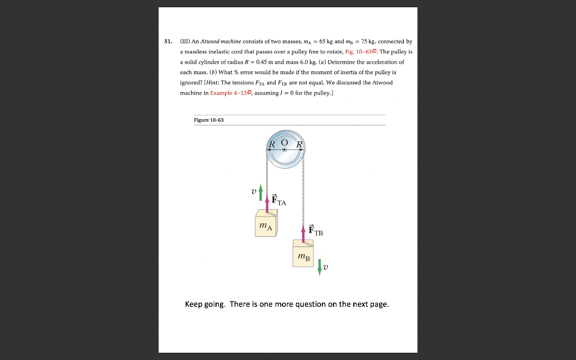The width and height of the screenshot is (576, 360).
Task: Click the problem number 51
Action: [x=168, y=41]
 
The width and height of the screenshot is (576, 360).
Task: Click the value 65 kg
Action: [x=326, y=41]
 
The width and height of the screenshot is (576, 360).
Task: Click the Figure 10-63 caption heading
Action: [x=209, y=120]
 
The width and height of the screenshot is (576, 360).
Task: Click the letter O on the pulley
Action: [x=285, y=142]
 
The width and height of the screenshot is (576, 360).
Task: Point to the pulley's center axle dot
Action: [x=285, y=150]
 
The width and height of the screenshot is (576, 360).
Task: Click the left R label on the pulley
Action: [x=272, y=144]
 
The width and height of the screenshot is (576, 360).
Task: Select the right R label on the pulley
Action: [x=299, y=144]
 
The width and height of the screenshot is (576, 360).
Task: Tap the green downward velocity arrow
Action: [x=319, y=267]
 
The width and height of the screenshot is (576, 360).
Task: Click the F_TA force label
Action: [x=278, y=200]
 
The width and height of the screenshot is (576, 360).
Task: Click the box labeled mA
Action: [x=266, y=224]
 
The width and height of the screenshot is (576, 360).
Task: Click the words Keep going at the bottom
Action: [x=205, y=304]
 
